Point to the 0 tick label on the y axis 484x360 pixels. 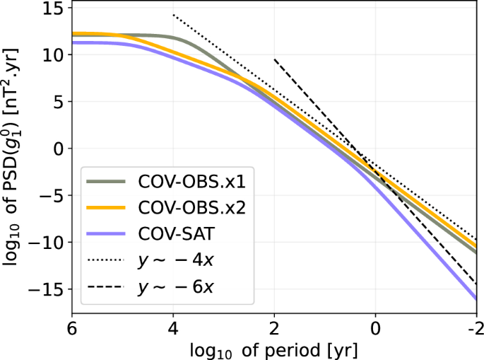tap(59, 149)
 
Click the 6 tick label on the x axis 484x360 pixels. tap(72, 330)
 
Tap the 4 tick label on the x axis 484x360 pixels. tap(173, 330)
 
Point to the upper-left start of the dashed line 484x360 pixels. tap(274, 59)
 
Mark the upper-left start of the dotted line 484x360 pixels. tap(173, 15)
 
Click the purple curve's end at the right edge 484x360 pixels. tap(476, 299)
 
